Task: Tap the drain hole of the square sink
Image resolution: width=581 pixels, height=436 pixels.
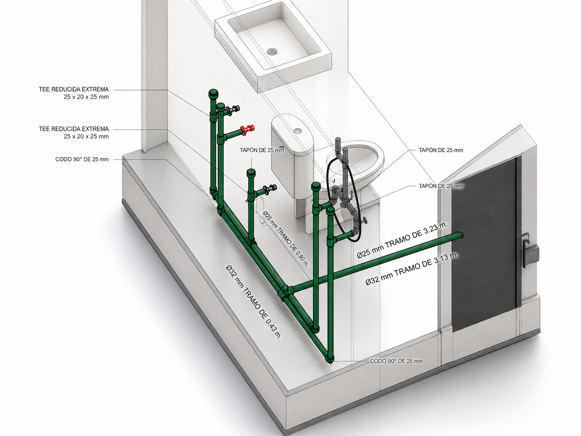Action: click(x=271, y=51)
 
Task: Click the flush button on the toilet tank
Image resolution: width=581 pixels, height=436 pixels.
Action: click(x=297, y=130)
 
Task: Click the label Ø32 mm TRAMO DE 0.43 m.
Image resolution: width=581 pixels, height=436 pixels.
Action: click(x=253, y=302)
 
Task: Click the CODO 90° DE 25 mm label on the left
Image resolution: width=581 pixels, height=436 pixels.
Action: click(x=82, y=159)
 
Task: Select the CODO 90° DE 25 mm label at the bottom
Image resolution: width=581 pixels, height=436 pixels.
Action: click(x=396, y=361)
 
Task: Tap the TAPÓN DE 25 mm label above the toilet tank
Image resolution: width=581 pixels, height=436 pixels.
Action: click(x=262, y=150)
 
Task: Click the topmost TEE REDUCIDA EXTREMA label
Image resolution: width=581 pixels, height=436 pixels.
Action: click(x=73, y=93)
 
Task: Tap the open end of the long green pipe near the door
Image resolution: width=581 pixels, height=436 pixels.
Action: click(x=461, y=235)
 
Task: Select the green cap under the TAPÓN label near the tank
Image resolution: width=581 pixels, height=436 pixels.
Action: click(x=251, y=173)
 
